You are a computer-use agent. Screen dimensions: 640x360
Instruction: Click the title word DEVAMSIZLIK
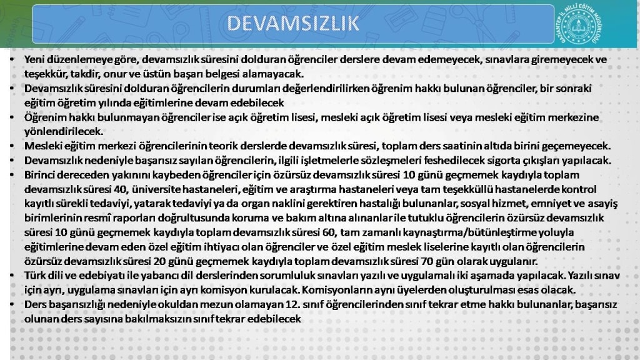(293, 23)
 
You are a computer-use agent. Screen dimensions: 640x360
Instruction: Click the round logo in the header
(578, 24)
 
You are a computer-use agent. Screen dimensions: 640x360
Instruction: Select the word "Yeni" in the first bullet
(34, 59)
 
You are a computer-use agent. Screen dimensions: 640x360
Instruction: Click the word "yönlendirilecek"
(63, 131)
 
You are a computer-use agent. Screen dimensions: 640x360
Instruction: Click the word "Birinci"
(40, 175)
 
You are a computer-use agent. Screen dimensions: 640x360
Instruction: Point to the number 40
(121, 189)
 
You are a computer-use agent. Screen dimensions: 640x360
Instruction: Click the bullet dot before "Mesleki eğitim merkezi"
(12, 146)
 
